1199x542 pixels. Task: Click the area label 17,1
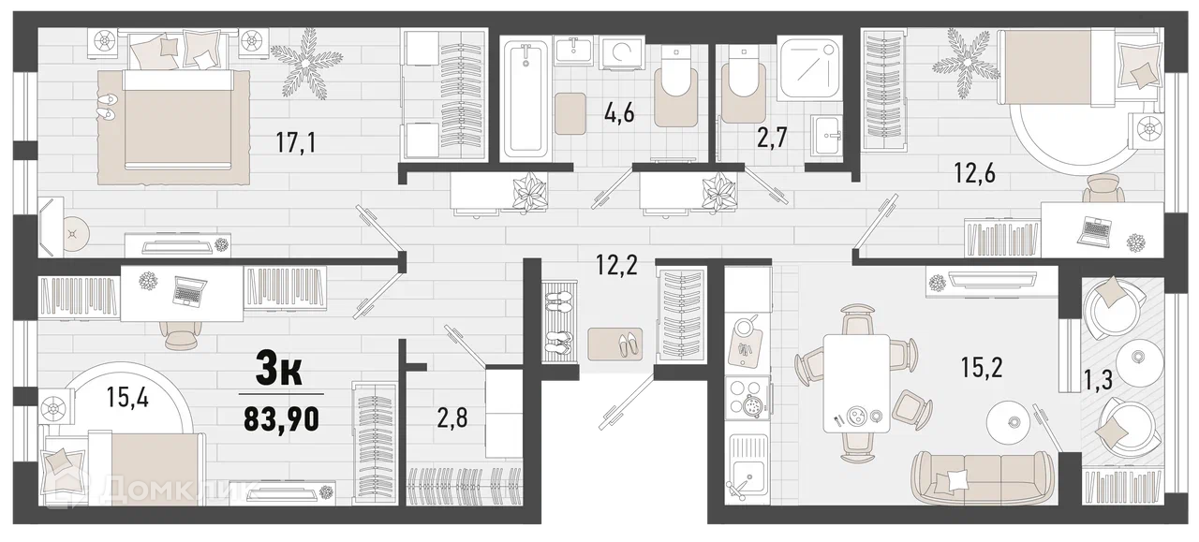(296, 142)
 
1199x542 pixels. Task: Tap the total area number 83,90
(282, 419)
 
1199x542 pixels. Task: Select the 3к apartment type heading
(279, 368)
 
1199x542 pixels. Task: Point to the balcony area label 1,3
(1099, 380)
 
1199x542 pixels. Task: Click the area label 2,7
(772, 138)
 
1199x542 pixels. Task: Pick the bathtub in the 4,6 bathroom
(525, 99)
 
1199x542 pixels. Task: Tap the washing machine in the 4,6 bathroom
(622, 53)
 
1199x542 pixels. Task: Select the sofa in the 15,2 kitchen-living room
(981, 477)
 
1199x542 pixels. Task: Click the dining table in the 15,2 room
(856, 383)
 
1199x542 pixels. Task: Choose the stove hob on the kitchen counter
(748, 398)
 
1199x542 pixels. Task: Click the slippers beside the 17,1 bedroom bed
(107, 106)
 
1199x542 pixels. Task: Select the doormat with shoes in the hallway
(615, 344)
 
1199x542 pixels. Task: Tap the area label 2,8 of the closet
(452, 418)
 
